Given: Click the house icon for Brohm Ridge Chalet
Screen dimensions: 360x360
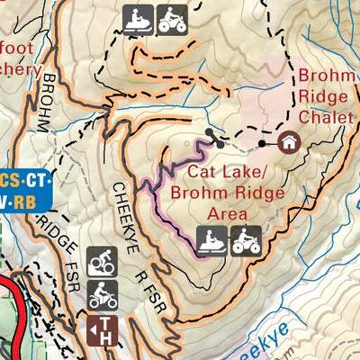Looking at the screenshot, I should [x=290, y=142].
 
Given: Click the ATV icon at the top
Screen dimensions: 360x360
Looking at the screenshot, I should [x=172, y=19].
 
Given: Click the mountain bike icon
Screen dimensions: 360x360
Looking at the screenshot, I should [x=102, y=262].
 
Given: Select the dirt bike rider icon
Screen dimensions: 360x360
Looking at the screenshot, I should [x=102, y=294].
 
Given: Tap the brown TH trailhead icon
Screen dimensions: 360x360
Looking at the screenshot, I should [x=102, y=329].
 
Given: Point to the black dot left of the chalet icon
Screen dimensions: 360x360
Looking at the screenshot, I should [x=262, y=143].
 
